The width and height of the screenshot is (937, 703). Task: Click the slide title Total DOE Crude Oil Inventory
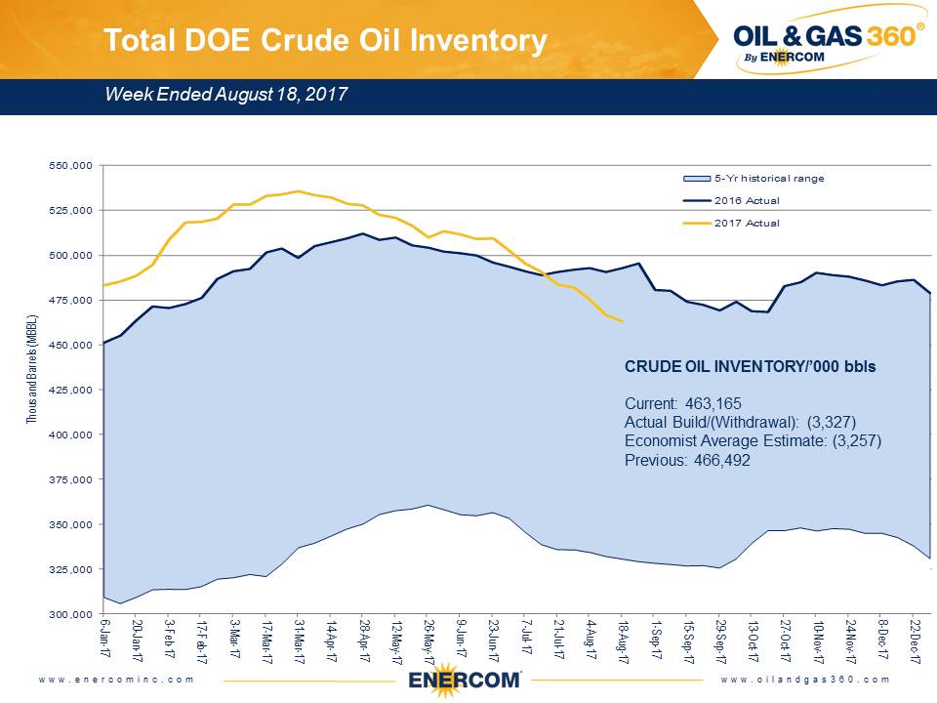(x=325, y=40)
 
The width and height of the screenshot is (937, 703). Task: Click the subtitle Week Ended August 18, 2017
(x=226, y=95)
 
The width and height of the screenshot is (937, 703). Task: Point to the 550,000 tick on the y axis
(x=70, y=166)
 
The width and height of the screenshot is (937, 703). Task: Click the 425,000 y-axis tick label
(x=70, y=391)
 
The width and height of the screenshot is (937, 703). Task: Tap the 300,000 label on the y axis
(x=70, y=614)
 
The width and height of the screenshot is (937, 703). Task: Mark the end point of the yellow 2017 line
(x=623, y=320)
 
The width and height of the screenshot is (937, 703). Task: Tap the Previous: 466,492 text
(x=687, y=460)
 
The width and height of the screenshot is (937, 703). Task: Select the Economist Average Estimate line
(x=754, y=440)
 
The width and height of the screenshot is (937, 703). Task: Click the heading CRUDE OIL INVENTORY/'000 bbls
(x=750, y=368)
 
